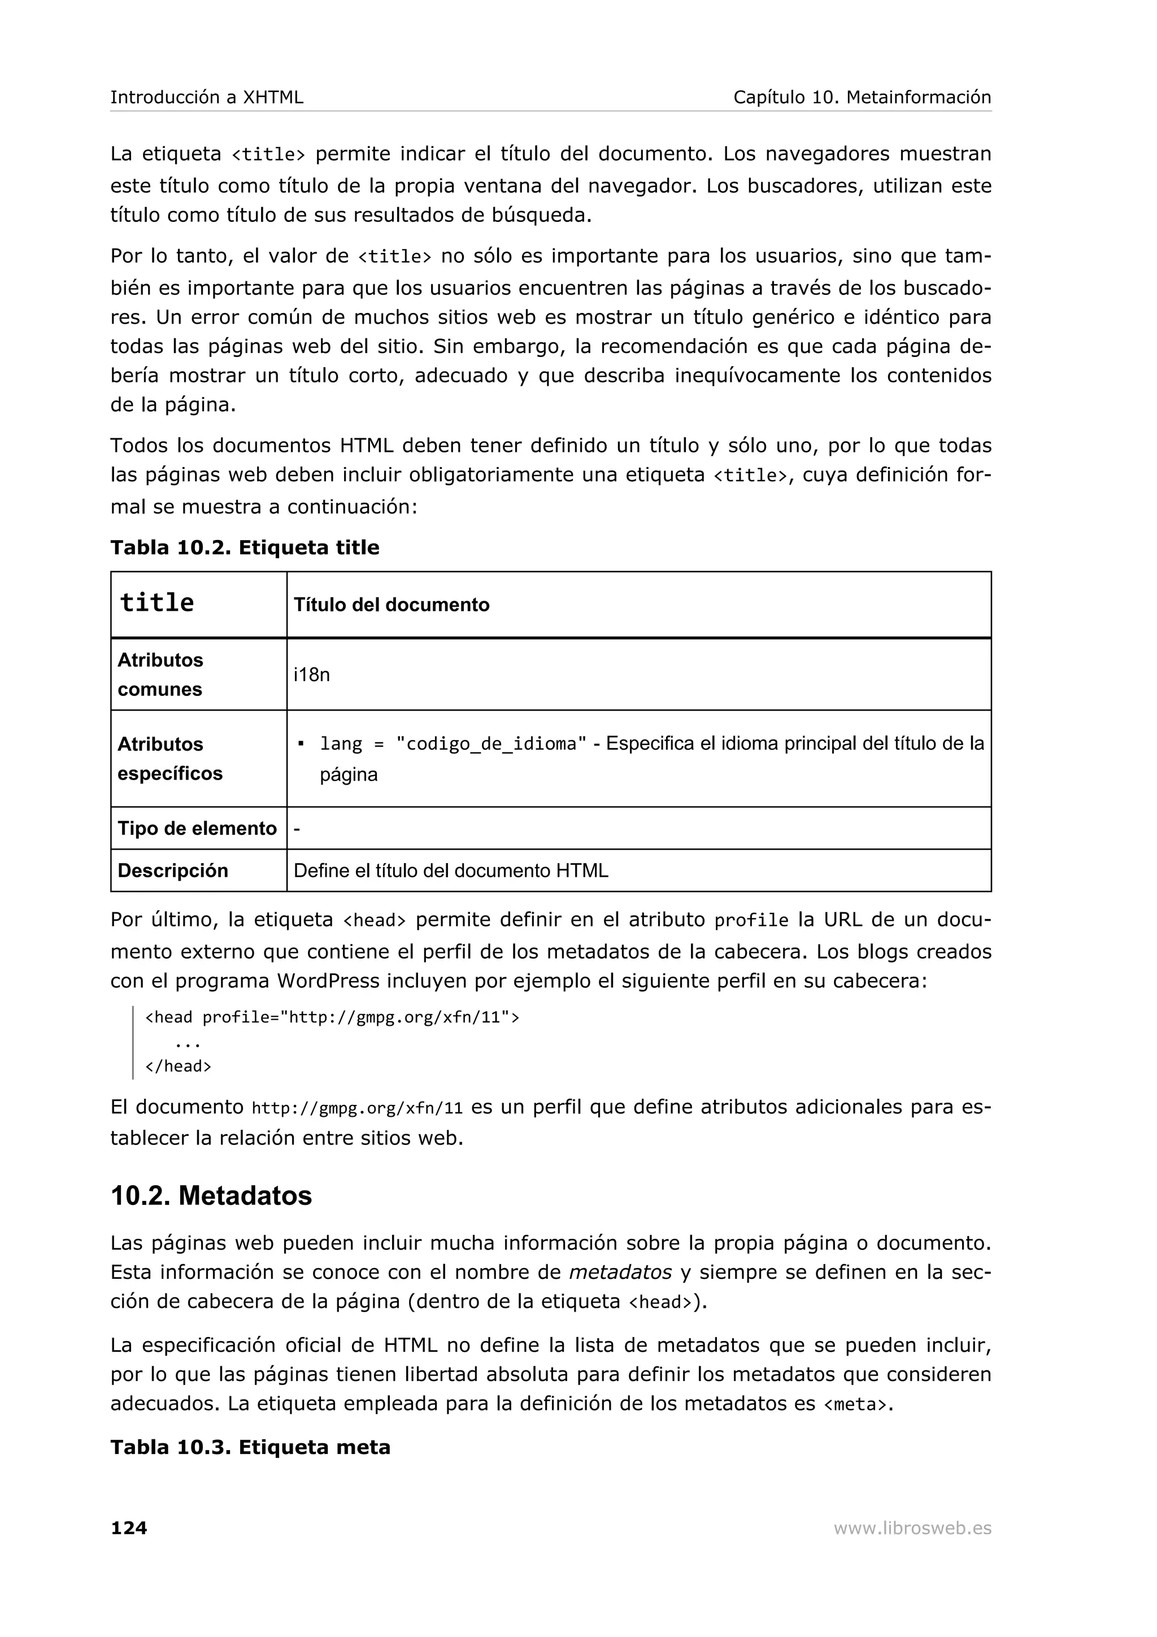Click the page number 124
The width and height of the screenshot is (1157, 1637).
(x=128, y=1527)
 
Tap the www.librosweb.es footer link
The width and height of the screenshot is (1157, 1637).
(x=912, y=1528)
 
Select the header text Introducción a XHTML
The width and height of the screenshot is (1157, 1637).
(x=207, y=97)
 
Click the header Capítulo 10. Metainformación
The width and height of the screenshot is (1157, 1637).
(x=862, y=97)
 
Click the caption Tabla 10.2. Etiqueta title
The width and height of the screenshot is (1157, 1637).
(x=245, y=547)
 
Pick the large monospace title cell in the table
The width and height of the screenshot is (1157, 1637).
(x=157, y=603)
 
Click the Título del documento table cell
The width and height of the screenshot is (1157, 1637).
(x=392, y=606)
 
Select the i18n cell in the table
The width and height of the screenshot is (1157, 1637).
(x=311, y=674)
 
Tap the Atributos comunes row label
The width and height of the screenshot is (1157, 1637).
(x=160, y=674)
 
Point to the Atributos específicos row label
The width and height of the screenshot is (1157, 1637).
(x=169, y=759)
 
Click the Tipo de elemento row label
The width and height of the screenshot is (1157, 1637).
(x=197, y=829)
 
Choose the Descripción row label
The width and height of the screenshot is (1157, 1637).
(x=172, y=870)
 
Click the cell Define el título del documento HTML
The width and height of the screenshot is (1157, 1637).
(x=450, y=870)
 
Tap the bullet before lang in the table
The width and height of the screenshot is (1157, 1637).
(x=301, y=743)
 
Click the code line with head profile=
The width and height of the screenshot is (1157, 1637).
(x=332, y=1017)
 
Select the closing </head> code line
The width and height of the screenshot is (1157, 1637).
(x=178, y=1066)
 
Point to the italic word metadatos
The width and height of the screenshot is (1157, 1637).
(x=620, y=1272)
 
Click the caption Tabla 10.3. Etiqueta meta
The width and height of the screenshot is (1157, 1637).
(x=250, y=1447)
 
